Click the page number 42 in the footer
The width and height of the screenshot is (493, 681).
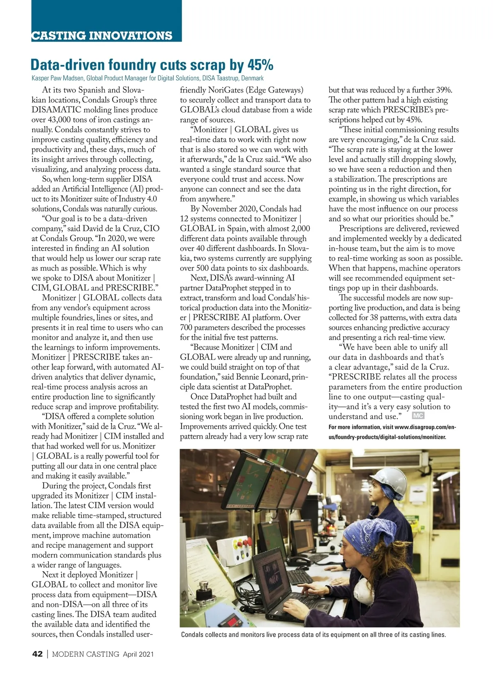37,654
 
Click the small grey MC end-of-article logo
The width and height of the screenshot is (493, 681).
417,416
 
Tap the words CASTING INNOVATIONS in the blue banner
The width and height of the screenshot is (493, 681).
102,36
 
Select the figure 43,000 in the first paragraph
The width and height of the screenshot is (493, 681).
62,120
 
